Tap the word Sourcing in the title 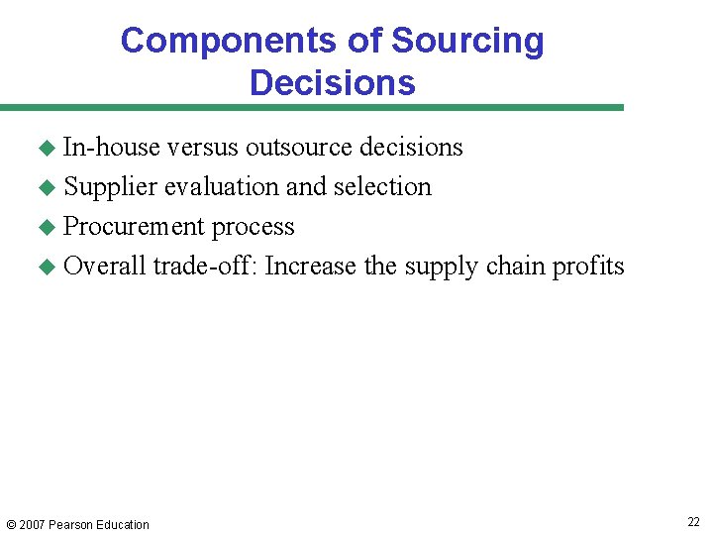pyautogui.click(x=467, y=42)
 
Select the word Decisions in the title pyautogui.click(x=332, y=82)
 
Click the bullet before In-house pyautogui.click(x=45, y=148)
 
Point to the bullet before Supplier pyautogui.click(x=45, y=187)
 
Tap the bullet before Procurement pyautogui.click(x=45, y=227)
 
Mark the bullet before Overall pyautogui.click(x=45, y=267)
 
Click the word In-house pyautogui.click(x=111, y=148)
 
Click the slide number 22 pyautogui.click(x=693, y=522)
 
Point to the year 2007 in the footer pyautogui.click(x=32, y=525)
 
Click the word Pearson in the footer pyautogui.click(x=70, y=525)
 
